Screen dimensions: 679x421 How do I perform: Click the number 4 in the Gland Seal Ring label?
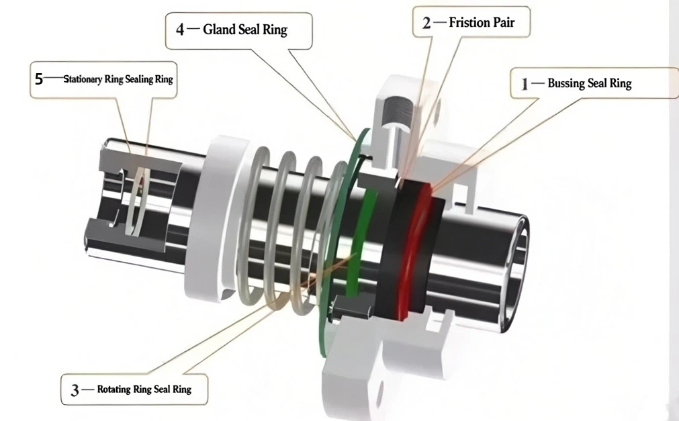[180, 30]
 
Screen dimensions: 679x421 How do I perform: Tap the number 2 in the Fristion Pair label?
[426, 23]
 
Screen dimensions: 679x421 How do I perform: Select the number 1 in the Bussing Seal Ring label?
[525, 83]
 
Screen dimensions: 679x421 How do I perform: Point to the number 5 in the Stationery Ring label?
[39, 79]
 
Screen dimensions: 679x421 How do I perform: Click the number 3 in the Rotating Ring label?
[75, 390]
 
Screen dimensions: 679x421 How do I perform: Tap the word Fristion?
[469, 23]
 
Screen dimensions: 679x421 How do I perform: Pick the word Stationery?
[83, 79]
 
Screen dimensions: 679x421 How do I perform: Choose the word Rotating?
[114, 389]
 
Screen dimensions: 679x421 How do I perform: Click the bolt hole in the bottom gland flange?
[379, 393]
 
